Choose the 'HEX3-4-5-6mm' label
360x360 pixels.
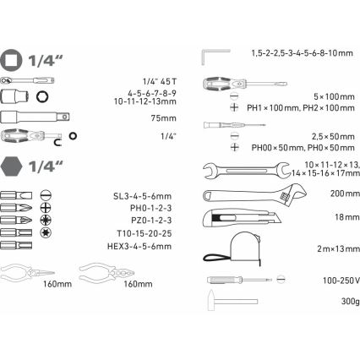click(145, 245)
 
